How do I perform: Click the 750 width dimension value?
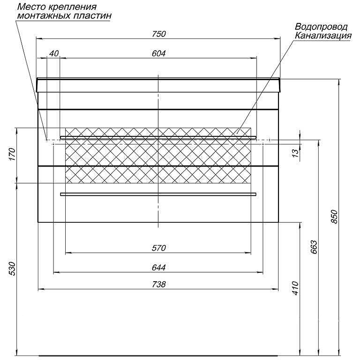pyautogui.click(x=159, y=34)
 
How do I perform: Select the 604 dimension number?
pyautogui.click(x=159, y=54)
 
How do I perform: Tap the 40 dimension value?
pyautogui.click(x=54, y=54)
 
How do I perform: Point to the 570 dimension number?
pyautogui.click(x=159, y=248)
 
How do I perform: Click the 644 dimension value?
pyautogui.click(x=159, y=267)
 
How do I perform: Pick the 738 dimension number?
pyautogui.click(x=159, y=284)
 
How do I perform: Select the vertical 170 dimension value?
pyautogui.click(x=12, y=154)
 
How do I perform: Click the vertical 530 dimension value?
pyautogui.click(x=12, y=268)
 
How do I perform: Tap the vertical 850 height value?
pyautogui.click(x=334, y=216)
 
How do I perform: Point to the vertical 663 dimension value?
pyautogui.click(x=314, y=247)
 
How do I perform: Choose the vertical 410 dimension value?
pyautogui.click(x=295, y=288)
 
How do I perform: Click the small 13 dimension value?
pyautogui.click(x=296, y=153)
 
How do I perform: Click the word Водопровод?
pyautogui.click(x=321, y=27)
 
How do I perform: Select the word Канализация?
pyautogui.click(x=323, y=36)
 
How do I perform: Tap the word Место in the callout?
pyautogui.click(x=31, y=7)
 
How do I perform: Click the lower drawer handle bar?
pyautogui.click(x=158, y=194)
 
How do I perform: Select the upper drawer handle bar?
pyautogui.click(x=158, y=137)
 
